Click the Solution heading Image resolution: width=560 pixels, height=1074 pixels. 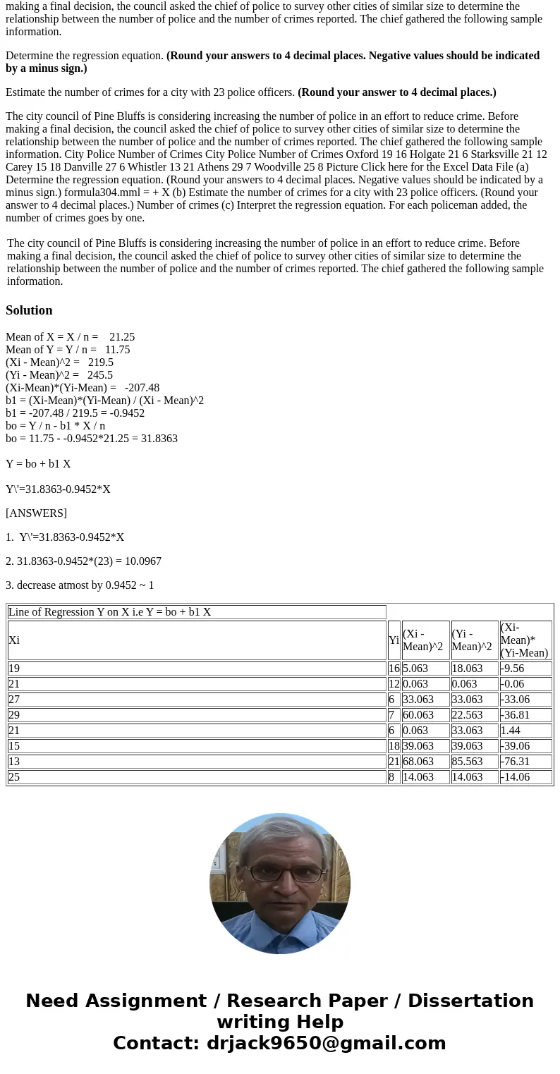29,310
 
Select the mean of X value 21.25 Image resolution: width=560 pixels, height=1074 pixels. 122,337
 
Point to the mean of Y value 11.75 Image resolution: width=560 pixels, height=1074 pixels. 117,350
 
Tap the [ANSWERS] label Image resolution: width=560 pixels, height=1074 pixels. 36,513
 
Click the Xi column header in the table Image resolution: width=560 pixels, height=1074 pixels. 14,640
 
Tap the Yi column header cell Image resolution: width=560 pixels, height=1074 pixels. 394,640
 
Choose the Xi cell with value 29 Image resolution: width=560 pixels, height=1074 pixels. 14,715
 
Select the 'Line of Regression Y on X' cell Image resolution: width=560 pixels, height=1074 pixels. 109,612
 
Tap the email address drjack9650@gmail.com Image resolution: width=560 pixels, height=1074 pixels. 326,1044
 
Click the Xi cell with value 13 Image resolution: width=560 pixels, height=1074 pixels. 14,762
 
